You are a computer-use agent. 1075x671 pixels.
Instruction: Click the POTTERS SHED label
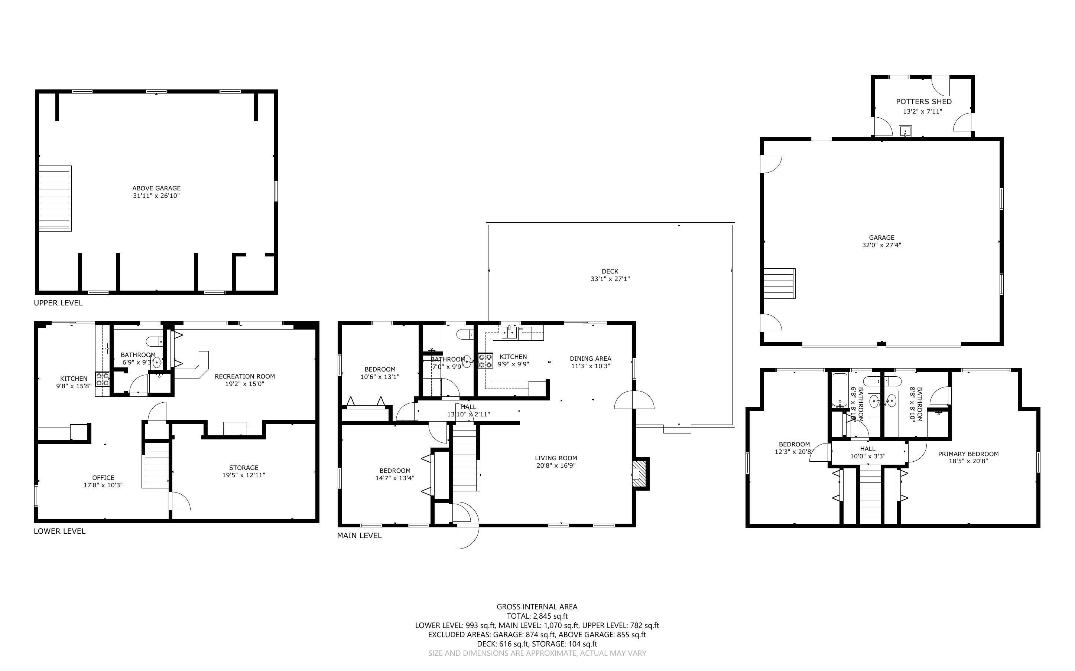pyautogui.click(x=923, y=102)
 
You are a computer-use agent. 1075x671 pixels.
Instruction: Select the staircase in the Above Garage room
pyautogui.click(x=55, y=199)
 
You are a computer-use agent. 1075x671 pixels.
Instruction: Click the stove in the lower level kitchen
pyautogui.click(x=103, y=379)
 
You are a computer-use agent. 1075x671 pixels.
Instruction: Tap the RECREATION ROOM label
pyautogui.click(x=245, y=376)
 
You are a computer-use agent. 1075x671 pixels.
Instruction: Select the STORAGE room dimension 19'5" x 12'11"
pyautogui.click(x=244, y=475)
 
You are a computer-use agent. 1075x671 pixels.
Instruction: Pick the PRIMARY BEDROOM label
pyautogui.click(x=968, y=454)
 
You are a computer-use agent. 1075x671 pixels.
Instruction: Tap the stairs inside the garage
pyautogui.click(x=779, y=283)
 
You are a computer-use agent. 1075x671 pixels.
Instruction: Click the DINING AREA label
pyautogui.click(x=590, y=358)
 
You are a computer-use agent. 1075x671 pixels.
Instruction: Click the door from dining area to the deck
pyautogui.click(x=634, y=400)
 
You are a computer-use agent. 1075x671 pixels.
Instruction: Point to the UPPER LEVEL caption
pyautogui.click(x=58, y=303)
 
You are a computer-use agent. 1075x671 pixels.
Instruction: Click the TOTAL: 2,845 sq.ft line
pyautogui.click(x=537, y=616)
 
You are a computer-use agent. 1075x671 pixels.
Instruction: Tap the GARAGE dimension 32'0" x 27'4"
pyautogui.click(x=881, y=245)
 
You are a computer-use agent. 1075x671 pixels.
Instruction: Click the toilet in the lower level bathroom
pyautogui.click(x=154, y=341)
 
